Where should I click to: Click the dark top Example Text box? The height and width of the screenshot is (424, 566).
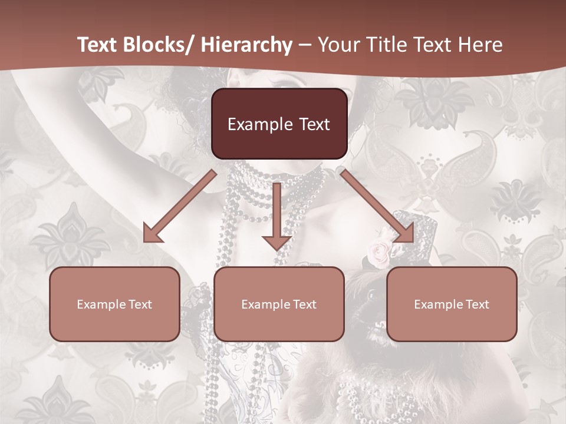[x=279, y=124]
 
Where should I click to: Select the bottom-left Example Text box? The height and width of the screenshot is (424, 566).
[x=114, y=304]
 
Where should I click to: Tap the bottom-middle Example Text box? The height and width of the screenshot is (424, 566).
[x=279, y=304]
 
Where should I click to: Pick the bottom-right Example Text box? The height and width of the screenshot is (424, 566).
[x=452, y=304]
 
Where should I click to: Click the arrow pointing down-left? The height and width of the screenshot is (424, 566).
[x=180, y=206]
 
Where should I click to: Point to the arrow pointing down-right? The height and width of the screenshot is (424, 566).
[x=377, y=206]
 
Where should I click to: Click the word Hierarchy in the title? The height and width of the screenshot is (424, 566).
[x=246, y=45]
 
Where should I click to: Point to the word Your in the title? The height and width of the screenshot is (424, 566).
[x=339, y=45]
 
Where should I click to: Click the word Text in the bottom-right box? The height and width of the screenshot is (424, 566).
[x=478, y=304]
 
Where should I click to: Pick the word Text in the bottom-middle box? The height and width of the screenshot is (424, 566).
[x=305, y=304]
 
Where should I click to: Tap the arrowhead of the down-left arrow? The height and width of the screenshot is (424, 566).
[x=152, y=234]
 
